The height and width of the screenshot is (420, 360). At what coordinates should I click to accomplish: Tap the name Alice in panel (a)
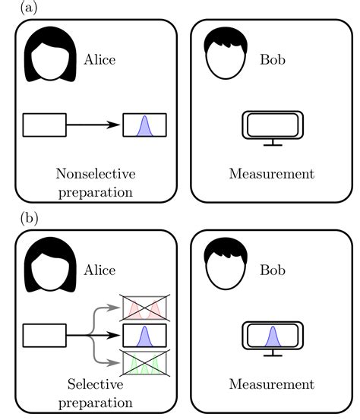coord(99,58)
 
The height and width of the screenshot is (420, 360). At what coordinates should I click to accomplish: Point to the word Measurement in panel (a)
coord(271,174)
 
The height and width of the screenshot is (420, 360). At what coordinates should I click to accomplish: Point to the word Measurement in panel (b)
coord(271,384)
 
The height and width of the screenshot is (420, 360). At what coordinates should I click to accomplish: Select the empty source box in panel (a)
coord(45,125)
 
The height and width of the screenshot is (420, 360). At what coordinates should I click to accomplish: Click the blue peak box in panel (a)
coord(145,125)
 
